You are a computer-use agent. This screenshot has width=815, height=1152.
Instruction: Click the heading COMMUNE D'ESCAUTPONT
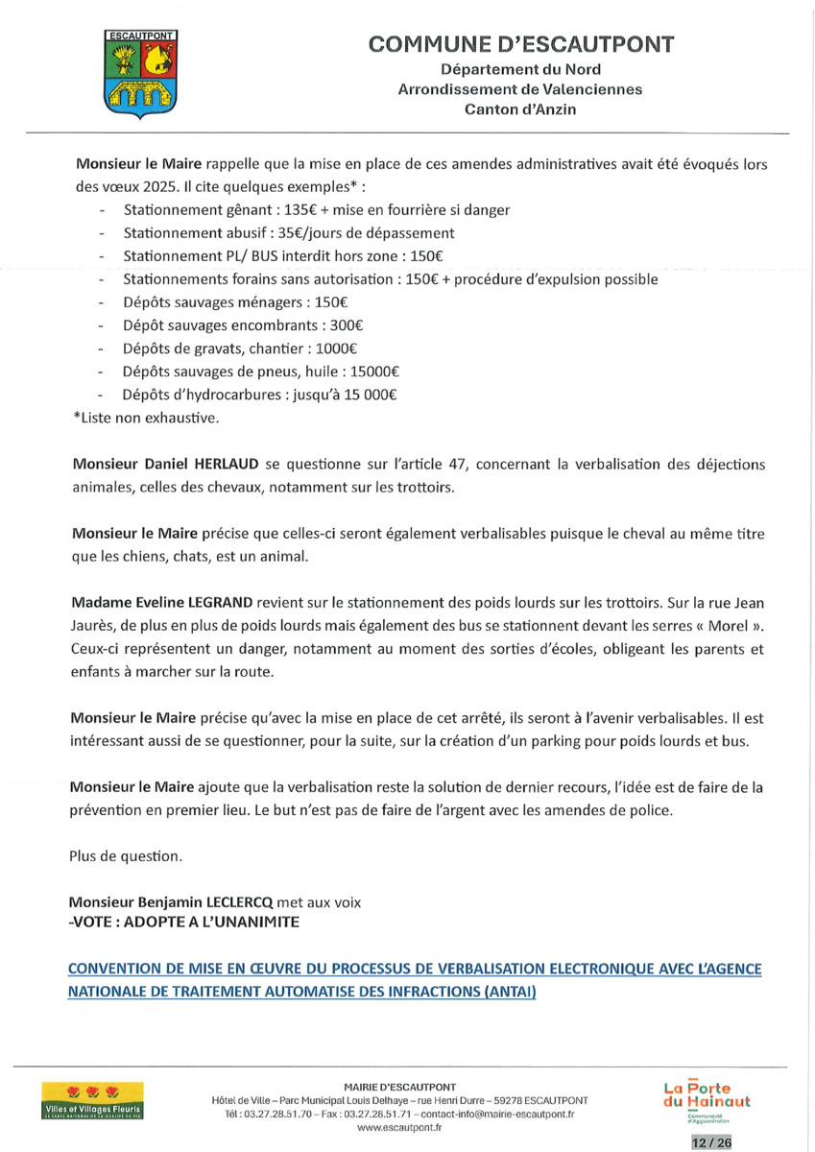point(521,45)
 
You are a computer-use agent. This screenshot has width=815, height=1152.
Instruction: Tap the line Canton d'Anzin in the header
point(520,109)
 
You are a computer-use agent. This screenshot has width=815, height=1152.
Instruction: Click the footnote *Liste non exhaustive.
point(146,418)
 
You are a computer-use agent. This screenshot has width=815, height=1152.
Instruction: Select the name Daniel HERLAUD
point(204,465)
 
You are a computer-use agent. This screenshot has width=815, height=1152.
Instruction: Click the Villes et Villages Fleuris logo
point(92,1100)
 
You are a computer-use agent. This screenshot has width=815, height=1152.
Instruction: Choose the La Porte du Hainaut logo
point(707,1100)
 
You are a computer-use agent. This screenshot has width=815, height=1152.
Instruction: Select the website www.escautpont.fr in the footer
point(399,1129)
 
